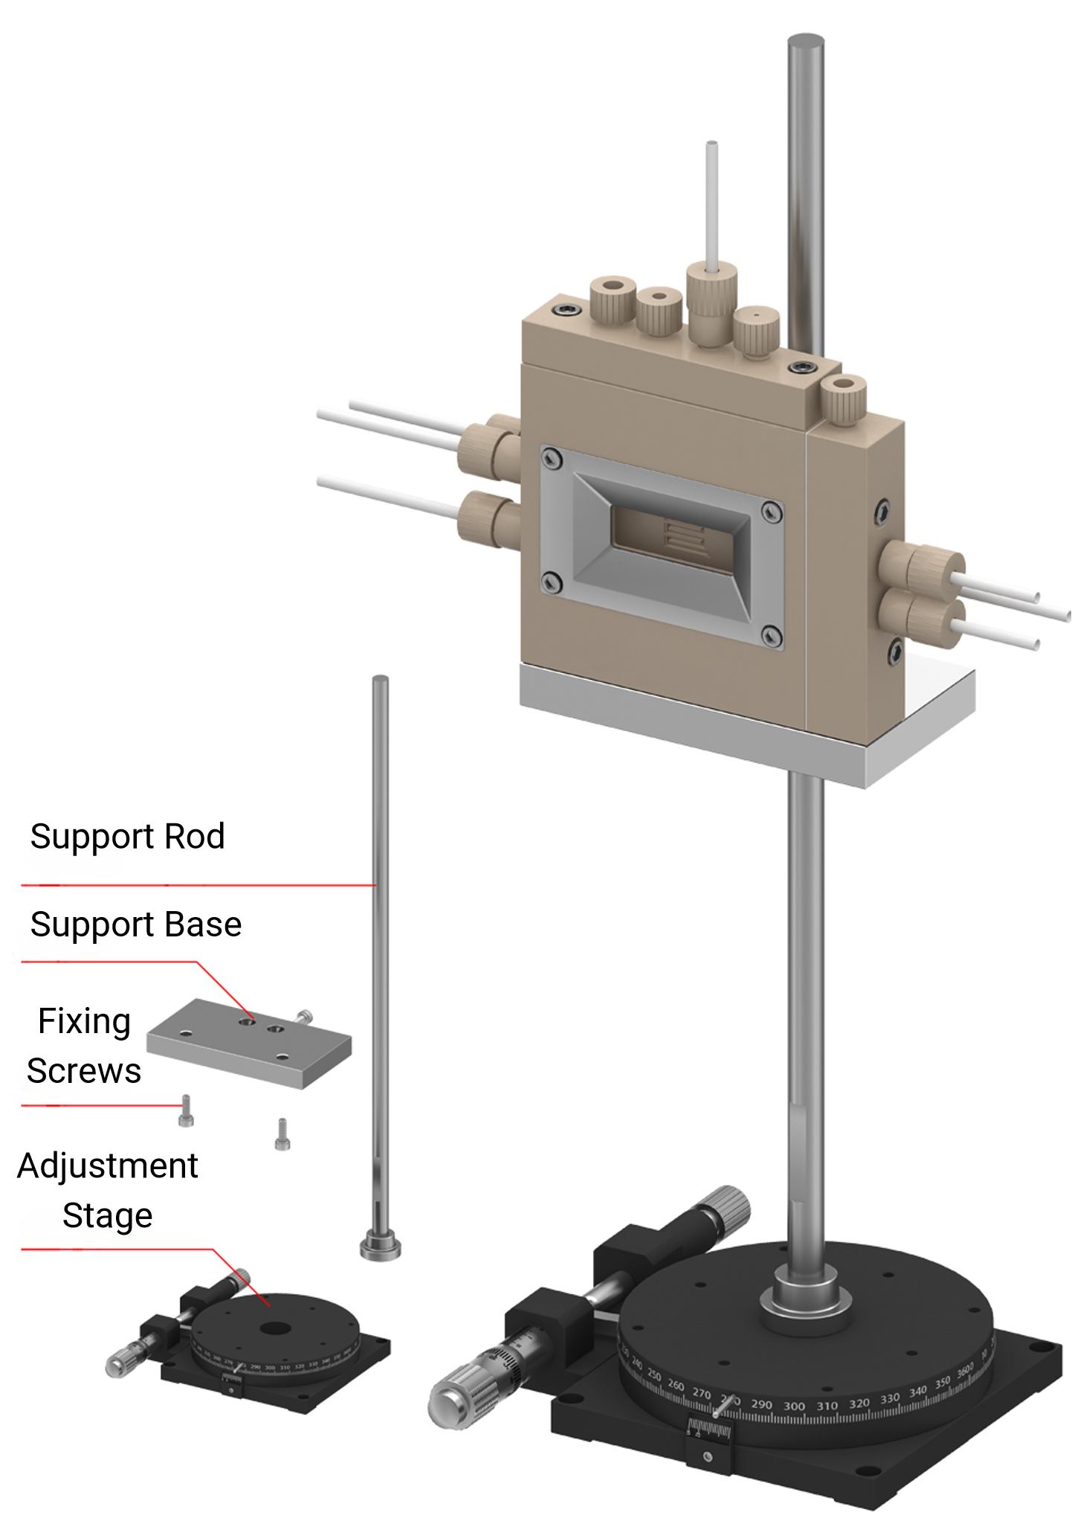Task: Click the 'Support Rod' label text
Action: (x=127, y=837)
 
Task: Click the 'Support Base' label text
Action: (x=136, y=925)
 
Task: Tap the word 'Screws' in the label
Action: (x=84, y=1071)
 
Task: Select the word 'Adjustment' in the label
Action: (x=108, y=1165)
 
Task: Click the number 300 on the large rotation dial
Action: (x=794, y=1406)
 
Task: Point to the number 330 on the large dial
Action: (x=890, y=1398)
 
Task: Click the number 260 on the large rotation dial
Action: (x=676, y=1385)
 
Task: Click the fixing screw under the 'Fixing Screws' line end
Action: (x=186, y=1111)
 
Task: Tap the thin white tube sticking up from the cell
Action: (x=711, y=201)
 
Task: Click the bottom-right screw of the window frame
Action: (x=772, y=635)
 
